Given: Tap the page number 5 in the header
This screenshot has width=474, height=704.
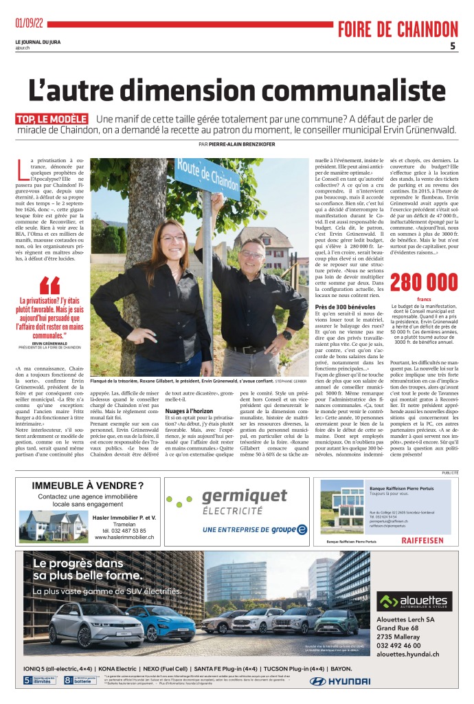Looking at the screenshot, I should pos(453,46).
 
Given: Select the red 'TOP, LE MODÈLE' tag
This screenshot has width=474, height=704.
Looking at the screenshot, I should pos(52,119).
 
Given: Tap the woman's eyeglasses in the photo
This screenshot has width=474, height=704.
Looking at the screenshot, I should pos(172,239).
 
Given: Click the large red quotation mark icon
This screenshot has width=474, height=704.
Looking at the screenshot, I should pos(49,285).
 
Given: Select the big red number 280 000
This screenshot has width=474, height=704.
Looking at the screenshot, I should pos(423,282).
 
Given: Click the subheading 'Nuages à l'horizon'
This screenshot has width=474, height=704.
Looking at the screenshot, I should pos(188,411).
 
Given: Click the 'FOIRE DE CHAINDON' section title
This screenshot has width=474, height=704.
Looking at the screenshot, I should pos(397,29).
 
